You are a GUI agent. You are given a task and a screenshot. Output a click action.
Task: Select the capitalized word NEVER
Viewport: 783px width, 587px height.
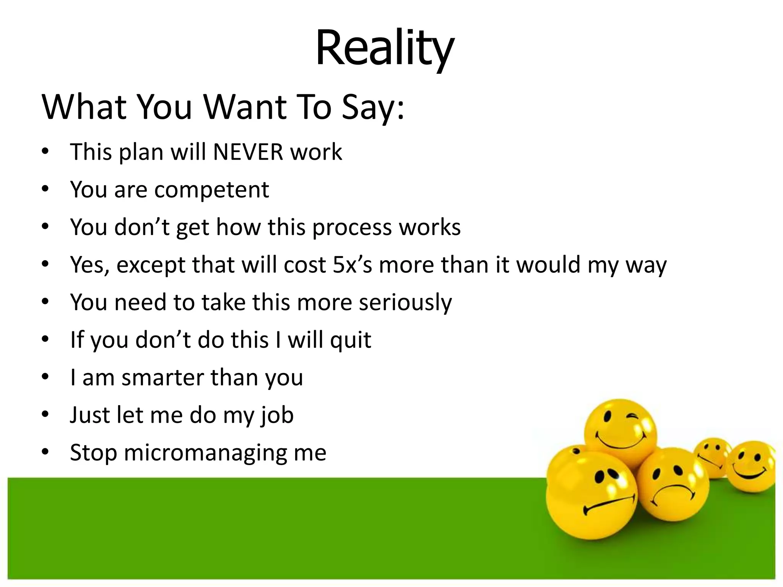click(x=248, y=152)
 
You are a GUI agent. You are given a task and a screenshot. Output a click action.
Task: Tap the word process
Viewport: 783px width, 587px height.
click(x=352, y=227)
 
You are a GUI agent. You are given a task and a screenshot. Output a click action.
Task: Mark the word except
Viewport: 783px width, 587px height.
click(x=151, y=265)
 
